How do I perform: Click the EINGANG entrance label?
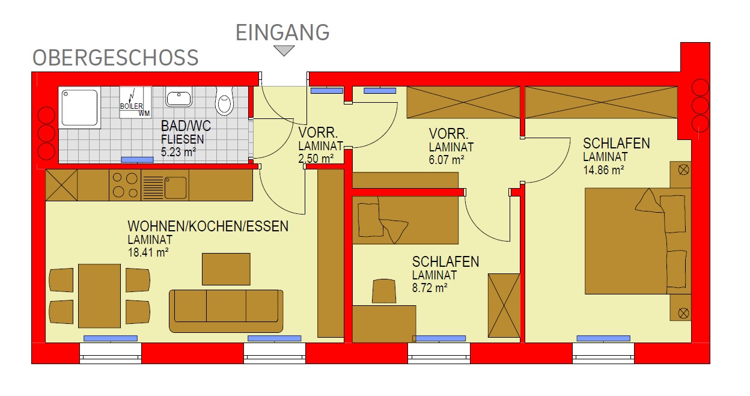point(282,32)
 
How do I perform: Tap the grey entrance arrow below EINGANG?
point(284,50)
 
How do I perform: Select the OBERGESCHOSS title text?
point(115,58)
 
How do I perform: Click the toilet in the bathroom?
point(224,100)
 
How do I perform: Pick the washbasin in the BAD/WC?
point(179,97)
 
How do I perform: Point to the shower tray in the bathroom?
point(80,107)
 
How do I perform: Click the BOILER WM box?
point(135,102)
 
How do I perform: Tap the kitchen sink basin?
point(175,188)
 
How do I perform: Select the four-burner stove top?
point(125,185)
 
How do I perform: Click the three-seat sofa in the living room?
point(226,311)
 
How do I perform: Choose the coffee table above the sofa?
point(226,269)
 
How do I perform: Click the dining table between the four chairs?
point(99,296)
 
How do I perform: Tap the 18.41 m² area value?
point(148,252)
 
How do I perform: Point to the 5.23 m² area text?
point(178,152)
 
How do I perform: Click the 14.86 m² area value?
point(604,170)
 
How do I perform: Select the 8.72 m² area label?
point(430,288)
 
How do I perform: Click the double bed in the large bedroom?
point(638,241)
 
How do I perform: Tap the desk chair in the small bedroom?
point(383,291)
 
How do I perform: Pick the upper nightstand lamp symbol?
point(683,169)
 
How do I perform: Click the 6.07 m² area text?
point(447,160)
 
